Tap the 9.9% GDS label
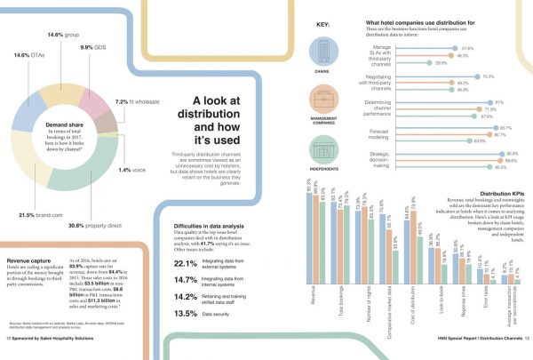[x=95, y=47]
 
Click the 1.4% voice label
[x=137, y=170]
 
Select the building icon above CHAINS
[x=322, y=47]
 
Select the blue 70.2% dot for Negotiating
[x=478, y=77]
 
